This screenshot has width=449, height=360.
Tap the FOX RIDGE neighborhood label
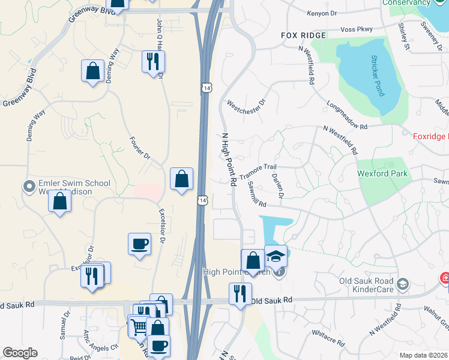304,35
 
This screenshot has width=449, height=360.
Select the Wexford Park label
382,174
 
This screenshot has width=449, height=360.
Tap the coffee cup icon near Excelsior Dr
139,244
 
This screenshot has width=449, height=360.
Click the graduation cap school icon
276,256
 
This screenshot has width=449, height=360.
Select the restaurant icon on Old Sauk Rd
240,294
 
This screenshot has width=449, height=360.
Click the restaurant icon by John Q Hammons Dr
153,61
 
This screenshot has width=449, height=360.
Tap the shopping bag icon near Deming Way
93,71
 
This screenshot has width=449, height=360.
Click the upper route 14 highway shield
206,88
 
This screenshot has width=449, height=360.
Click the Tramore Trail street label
258,172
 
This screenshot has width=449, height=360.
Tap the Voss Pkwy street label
356,29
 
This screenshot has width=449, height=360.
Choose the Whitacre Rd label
328,338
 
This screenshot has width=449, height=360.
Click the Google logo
20,353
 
